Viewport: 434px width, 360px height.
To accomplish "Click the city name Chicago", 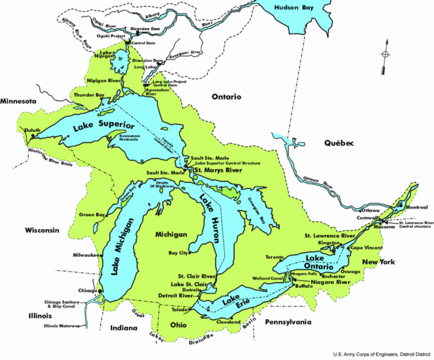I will click(x=86, y=290).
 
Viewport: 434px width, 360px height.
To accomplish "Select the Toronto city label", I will click(x=275, y=257).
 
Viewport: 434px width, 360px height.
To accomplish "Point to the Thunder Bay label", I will click(x=88, y=95).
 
